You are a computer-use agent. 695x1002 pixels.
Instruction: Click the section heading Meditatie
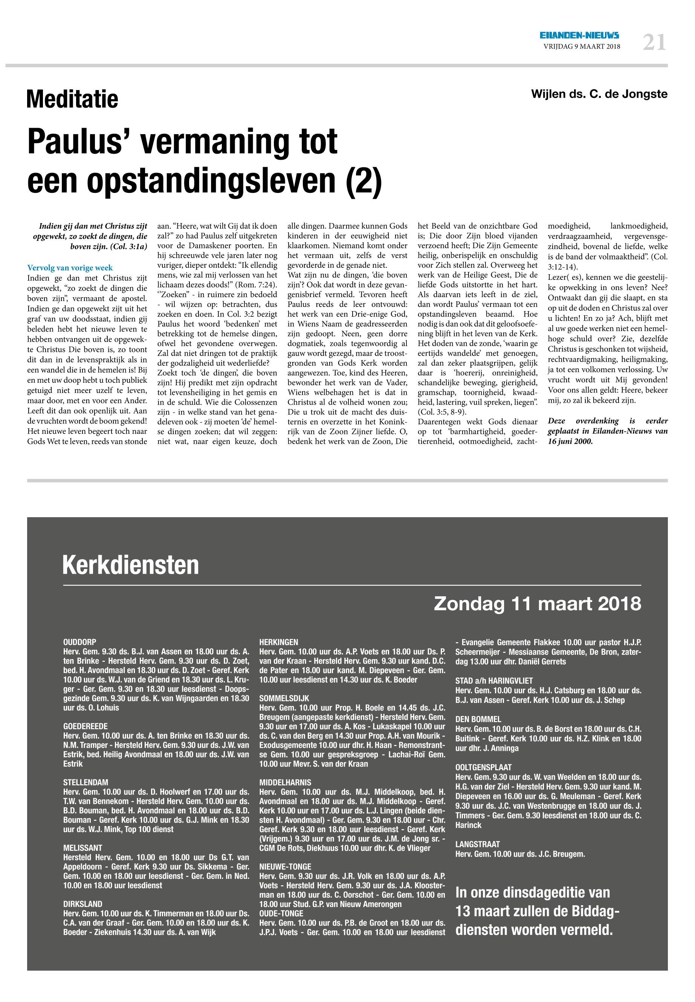pos(72,99)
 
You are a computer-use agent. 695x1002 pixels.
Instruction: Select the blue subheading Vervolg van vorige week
pos(70,268)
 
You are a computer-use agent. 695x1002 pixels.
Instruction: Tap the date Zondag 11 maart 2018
pos(538,603)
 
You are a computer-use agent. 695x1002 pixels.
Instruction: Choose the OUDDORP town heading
pos(80,642)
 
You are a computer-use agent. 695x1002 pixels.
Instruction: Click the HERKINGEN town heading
pos(279,642)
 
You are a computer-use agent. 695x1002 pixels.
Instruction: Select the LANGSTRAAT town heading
pos(477,844)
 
